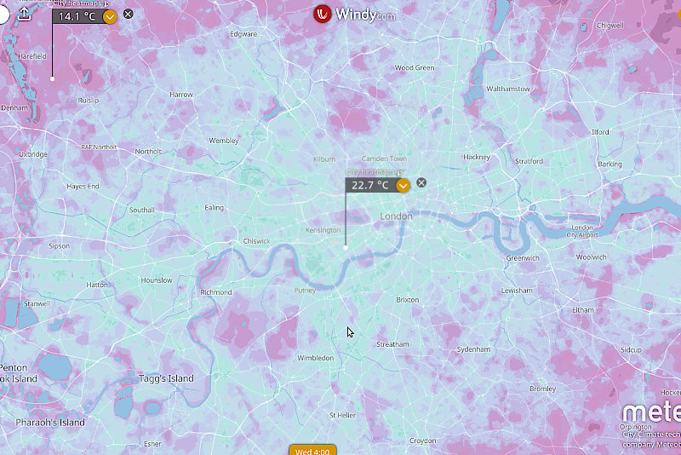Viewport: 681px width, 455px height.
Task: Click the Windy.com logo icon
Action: tap(323, 14)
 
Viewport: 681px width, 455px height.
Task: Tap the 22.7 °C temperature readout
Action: tap(370, 185)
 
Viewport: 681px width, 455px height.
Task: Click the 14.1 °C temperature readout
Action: tap(76, 16)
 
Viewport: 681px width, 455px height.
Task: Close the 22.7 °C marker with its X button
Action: tap(421, 183)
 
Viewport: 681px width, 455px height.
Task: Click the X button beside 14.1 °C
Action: tap(129, 14)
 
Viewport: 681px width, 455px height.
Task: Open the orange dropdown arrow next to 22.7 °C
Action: tap(403, 185)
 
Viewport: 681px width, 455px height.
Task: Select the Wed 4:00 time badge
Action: tap(313, 450)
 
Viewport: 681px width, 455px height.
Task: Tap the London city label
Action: tap(396, 216)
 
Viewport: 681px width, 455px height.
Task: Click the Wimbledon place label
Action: tap(315, 358)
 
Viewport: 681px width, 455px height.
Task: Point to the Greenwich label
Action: tap(522, 257)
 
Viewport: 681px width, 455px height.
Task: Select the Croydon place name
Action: tap(422, 441)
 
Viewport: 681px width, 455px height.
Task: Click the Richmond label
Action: tap(215, 292)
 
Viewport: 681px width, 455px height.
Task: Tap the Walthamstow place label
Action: tap(507, 89)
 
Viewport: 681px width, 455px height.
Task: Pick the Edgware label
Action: tap(243, 34)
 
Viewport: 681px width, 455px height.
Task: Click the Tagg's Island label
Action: tap(165, 378)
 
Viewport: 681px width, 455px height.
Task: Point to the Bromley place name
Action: tap(542, 389)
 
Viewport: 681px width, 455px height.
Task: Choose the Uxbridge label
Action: tap(33, 154)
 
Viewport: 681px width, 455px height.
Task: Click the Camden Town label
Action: tap(384, 158)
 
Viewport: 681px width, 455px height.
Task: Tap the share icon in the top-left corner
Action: tap(24, 14)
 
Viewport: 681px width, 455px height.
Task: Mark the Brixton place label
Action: tap(408, 300)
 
